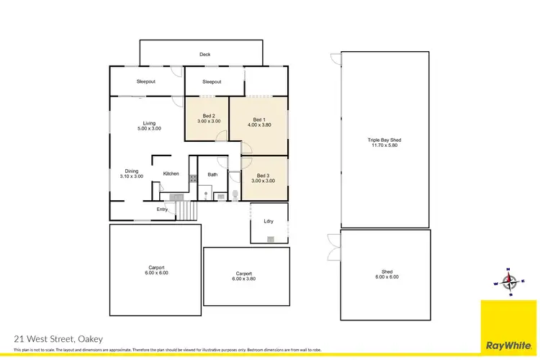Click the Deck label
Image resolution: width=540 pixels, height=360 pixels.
coord(204,55)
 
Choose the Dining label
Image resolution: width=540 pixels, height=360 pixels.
coord(131,171)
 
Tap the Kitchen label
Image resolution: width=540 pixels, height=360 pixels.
coord(171,174)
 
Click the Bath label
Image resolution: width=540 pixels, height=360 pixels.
coord(212,174)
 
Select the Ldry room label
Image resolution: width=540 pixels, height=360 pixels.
coord(269,221)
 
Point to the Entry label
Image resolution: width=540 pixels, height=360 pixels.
coord(162,210)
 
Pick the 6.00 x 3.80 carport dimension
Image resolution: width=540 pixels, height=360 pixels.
coord(243,279)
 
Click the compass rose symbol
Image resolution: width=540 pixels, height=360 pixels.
coord(509,281)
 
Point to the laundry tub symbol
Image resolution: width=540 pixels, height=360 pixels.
coord(269,238)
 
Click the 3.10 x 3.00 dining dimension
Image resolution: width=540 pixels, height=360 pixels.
coord(131,176)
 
